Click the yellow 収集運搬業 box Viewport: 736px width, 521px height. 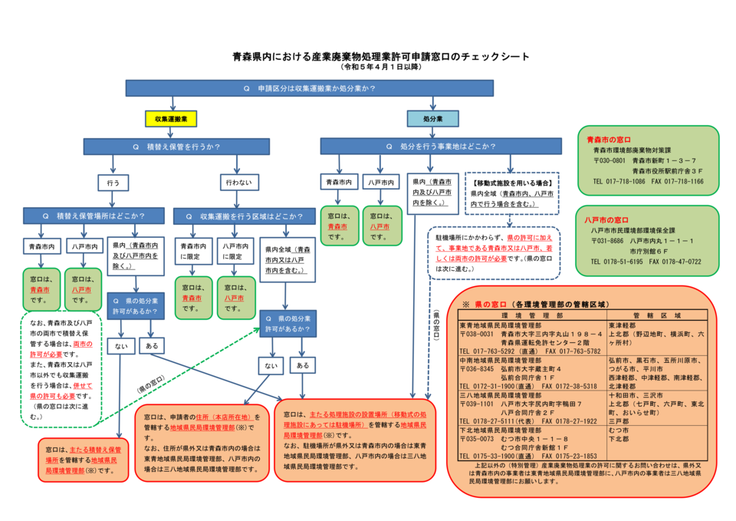pyautogui.click(x=171, y=119)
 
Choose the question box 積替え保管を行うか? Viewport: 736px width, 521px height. pyautogui.click(x=176, y=147)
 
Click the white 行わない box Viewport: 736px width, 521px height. pyautogui.click(x=237, y=183)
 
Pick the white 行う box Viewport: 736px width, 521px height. pyautogui.click(x=113, y=183)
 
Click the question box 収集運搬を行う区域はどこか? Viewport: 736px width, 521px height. pyautogui.click(x=243, y=216)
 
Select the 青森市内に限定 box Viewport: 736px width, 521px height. pyautogui.click(x=192, y=252)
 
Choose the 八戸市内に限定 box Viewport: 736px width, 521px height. pyautogui.click(x=235, y=252)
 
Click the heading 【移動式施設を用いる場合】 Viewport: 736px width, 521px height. pyautogui.click(x=512, y=184)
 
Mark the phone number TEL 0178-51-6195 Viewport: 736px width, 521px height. pyautogui.click(x=618, y=261)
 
